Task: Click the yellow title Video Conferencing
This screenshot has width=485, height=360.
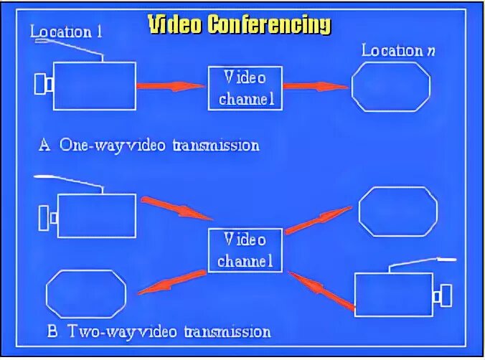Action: pyautogui.click(x=240, y=24)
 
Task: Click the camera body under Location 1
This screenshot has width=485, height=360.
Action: pyautogui.click(x=95, y=85)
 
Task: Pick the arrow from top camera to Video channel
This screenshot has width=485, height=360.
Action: pyautogui.click(x=171, y=86)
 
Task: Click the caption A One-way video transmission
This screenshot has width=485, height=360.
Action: pyautogui.click(x=149, y=145)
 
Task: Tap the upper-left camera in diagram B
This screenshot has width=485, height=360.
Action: pyautogui.click(x=95, y=215)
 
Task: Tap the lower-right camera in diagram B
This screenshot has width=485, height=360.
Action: pyautogui.click(x=394, y=294)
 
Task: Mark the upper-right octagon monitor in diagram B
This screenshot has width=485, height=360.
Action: pyautogui.click(x=397, y=211)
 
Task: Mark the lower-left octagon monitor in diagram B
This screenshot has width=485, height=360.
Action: pyautogui.click(x=86, y=294)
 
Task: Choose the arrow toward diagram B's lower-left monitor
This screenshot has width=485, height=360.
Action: pyautogui.click(x=171, y=282)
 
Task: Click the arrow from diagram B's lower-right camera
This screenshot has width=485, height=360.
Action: pyautogui.click(x=321, y=290)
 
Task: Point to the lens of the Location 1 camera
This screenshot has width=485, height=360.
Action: pyautogui.click(x=42, y=84)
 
